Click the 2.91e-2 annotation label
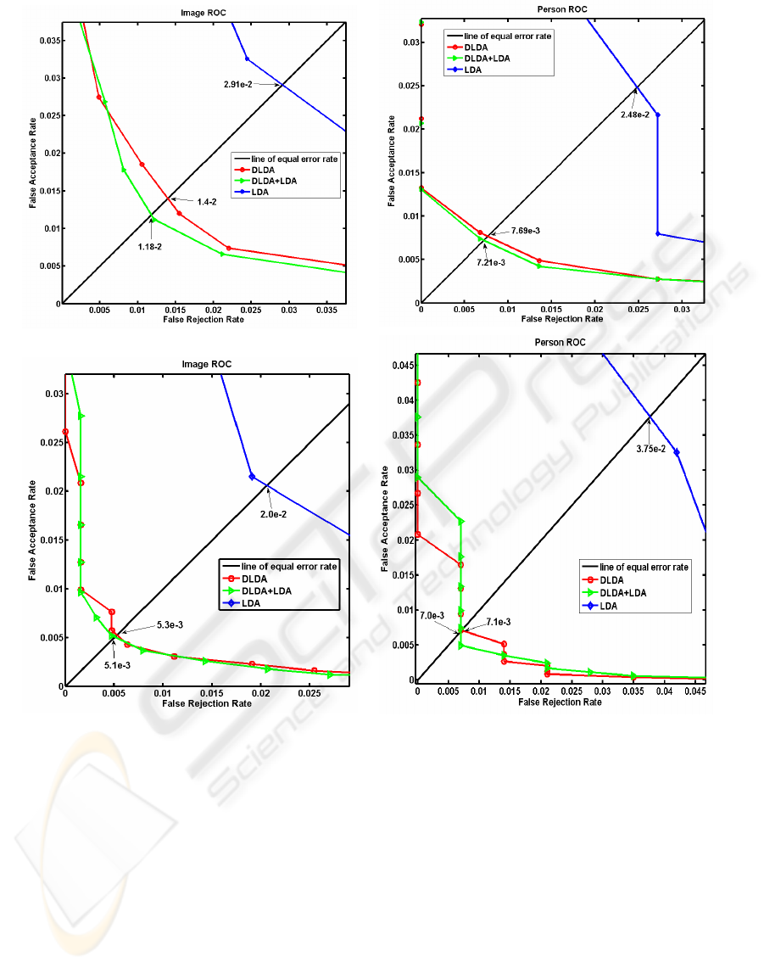coord(240,86)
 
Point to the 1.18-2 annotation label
coord(152,246)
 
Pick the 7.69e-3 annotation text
coord(526,231)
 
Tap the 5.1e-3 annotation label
coord(117,665)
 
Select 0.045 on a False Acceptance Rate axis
coord(400,365)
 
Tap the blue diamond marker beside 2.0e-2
coord(252,477)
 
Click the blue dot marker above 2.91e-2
coord(247,59)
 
